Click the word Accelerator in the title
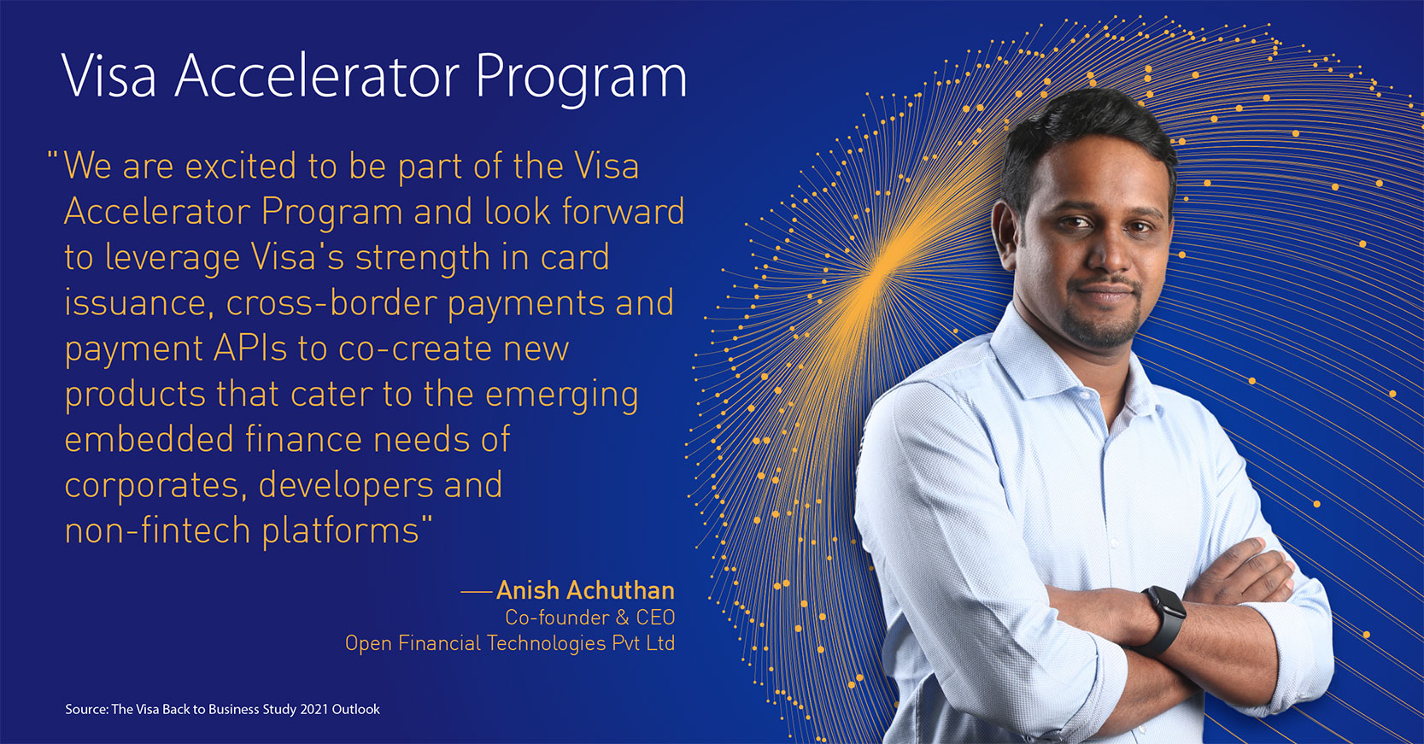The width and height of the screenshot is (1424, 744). [317, 76]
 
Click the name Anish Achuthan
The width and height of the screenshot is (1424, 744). [585, 590]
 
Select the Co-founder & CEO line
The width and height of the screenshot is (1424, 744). [590, 617]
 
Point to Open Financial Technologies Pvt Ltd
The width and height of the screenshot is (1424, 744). [510, 643]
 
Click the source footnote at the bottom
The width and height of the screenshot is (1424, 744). [222, 709]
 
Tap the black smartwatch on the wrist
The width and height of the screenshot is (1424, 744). [1163, 621]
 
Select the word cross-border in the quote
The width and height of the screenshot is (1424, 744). [331, 302]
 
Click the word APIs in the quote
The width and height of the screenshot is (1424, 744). [249, 349]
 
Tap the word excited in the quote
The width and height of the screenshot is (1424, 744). [241, 167]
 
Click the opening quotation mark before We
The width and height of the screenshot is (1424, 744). [53, 156]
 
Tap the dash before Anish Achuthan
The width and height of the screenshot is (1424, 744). [476, 591]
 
